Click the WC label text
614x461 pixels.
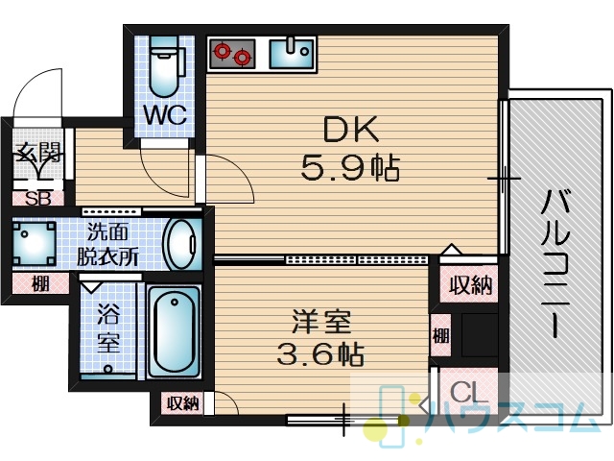(164, 114)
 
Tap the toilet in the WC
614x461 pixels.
(165, 67)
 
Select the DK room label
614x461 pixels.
(351, 129)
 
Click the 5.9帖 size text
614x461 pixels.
(350, 168)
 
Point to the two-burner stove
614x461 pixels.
(232, 54)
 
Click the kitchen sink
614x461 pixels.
(292, 53)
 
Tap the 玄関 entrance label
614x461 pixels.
(37, 152)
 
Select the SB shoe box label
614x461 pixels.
(38, 199)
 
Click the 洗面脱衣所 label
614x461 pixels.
(107, 245)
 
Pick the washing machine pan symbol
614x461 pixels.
(35, 243)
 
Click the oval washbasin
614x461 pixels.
(180, 243)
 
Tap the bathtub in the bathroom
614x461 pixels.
(175, 331)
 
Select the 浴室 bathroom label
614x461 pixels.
(108, 328)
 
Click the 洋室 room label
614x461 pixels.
(321, 322)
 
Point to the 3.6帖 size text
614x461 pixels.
(320, 353)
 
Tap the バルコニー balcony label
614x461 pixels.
(555, 263)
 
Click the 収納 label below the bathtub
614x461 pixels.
(182, 403)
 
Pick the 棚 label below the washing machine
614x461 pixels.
(40, 283)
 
